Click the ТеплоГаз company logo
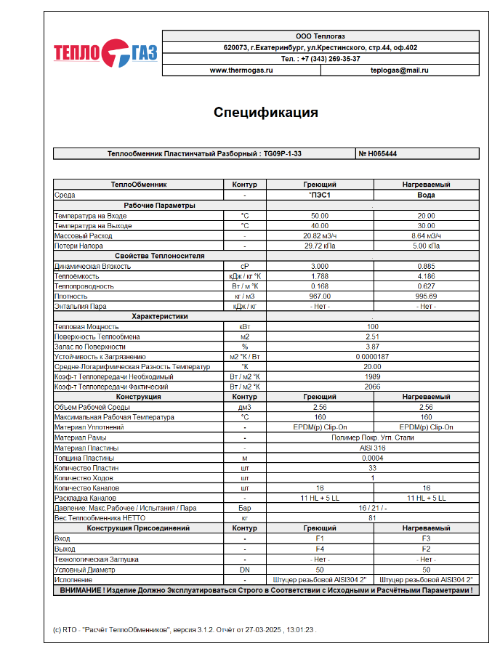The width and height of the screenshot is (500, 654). point(105,52)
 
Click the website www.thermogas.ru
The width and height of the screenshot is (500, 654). point(241,70)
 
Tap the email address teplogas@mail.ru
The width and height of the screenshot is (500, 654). point(399,70)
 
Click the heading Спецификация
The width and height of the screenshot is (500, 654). point(265,113)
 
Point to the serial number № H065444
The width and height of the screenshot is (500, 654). point(378,154)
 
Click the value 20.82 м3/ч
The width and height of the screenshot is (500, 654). point(320,236)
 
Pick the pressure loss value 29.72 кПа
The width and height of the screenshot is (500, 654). point(320,246)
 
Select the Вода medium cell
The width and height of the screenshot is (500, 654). point(426,195)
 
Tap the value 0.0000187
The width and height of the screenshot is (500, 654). point(372,357)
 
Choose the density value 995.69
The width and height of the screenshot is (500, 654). point(426,296)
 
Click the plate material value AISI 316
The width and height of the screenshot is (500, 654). point(372,448)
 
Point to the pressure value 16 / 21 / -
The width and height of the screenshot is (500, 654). point(372,509)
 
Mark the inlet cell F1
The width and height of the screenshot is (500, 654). point(320,539)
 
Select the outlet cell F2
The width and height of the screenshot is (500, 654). point(426,549)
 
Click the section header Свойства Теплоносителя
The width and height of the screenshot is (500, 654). point(159,257)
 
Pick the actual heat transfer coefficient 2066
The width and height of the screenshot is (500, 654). point(372,387)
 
